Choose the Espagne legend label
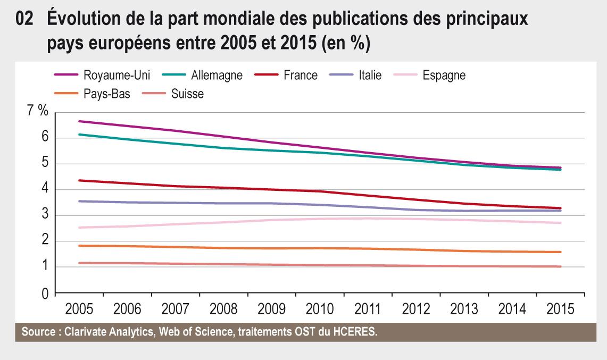(x=444, y=75)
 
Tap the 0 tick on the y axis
(x=44, y=293)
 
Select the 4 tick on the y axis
(x=44, y=189)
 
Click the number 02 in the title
(x=26, y=20)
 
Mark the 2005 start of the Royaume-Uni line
(x=79, y=121)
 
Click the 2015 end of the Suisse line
(x=561, y=266)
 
